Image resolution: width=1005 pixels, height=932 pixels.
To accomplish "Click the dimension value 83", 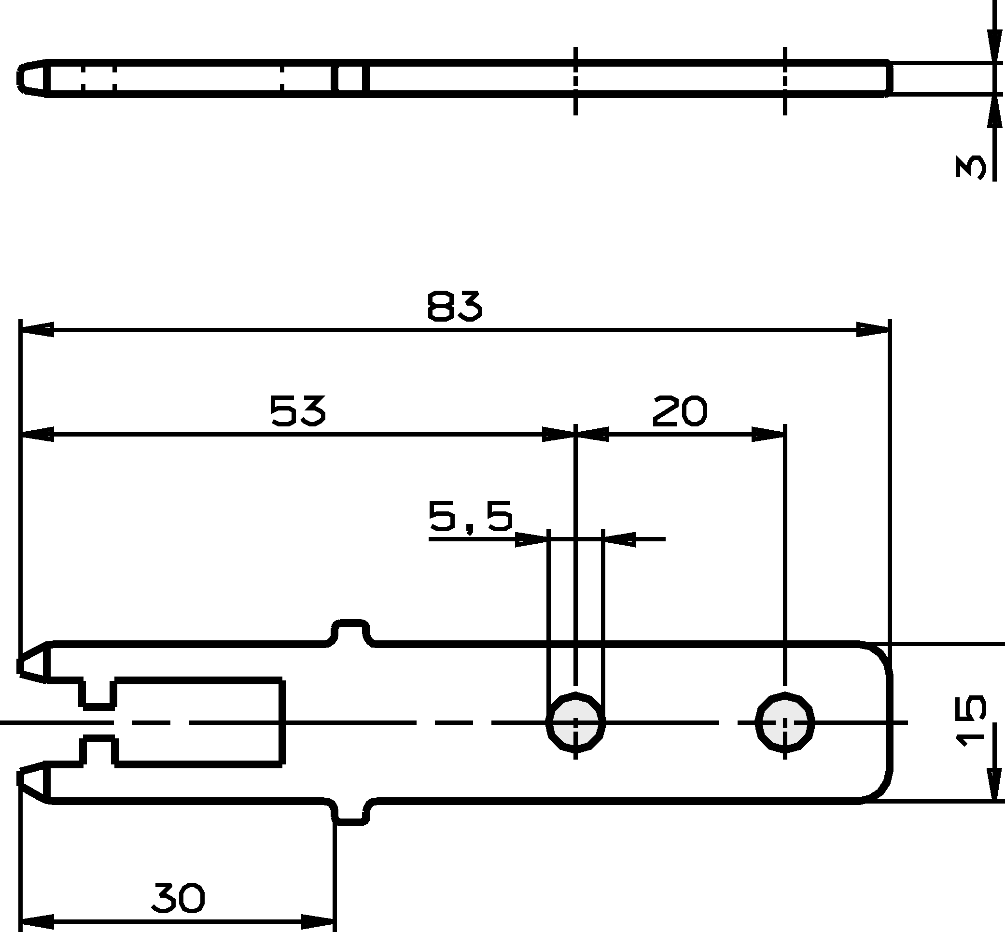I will pyautogui.click(x=455, y=306).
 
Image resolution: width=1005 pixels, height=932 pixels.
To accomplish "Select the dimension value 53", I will pyautogui.click(x=298, y=410).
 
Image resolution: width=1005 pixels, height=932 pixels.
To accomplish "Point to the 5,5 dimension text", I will pyautogui.click(x=470, y=516).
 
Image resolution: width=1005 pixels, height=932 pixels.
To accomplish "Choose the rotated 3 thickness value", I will pyautogui.click(x=971, y=167).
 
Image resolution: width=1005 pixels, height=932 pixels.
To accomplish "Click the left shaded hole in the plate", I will pyautogui.click(x=575, y=722).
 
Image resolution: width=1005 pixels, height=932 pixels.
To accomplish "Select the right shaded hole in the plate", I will pyautogui.click(x=785, y=722).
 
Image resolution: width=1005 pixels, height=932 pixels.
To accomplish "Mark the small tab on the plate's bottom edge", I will pyautogui.click(x=350, y=813).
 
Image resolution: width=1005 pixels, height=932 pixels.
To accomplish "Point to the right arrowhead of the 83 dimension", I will pyautogui.click(x=873, y=330).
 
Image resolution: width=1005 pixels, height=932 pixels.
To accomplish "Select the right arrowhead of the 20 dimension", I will pyautogui.click(x=768, y=434).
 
